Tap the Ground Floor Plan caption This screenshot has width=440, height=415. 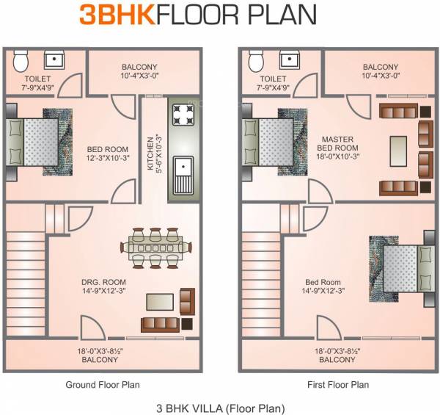[x=103, y=384]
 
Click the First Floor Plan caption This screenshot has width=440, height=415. [x=338, y=384]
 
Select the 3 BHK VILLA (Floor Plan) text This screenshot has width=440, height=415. [x=221, y=406]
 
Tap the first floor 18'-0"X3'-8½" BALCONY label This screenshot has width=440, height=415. [x=337, y=356]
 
